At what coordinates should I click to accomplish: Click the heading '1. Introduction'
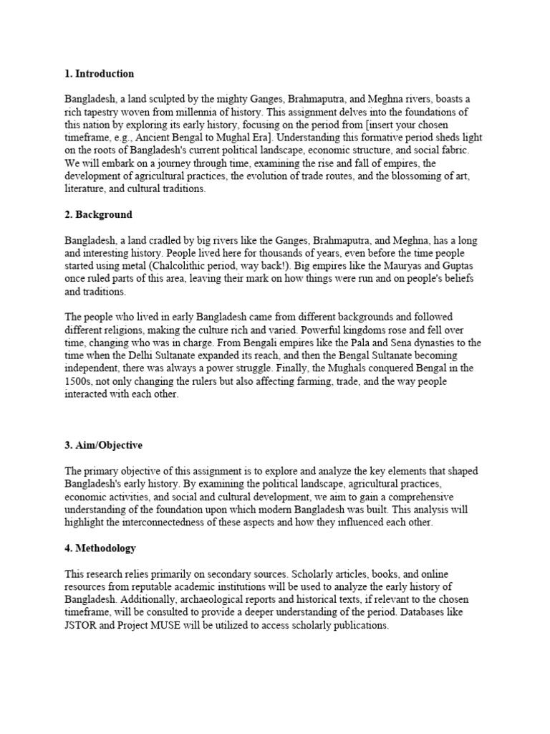[100, 74]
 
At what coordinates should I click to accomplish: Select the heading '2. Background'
[99, 215]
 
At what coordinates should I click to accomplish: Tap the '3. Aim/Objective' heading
[104, 445]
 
